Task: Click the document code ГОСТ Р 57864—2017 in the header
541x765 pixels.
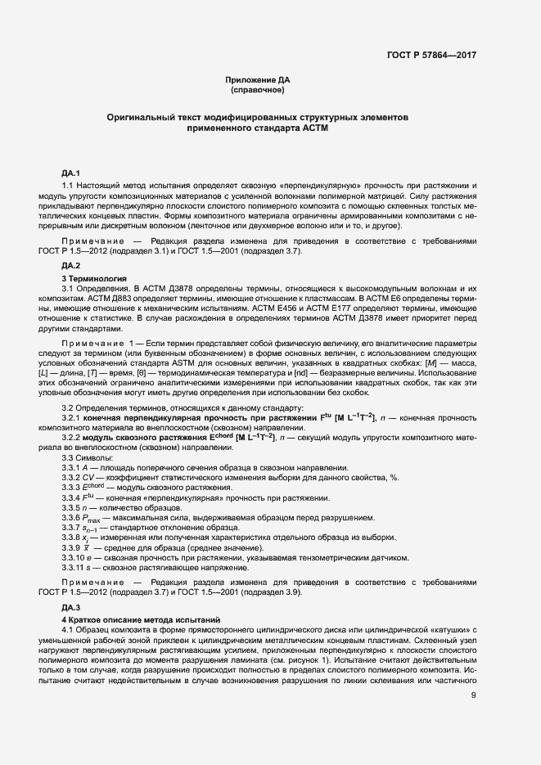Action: (431, 55)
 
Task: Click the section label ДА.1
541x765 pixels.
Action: (70, 173)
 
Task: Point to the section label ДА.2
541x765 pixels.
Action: (70, 267)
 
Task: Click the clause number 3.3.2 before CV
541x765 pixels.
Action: (73, 477)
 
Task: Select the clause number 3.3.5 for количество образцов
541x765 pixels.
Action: (73, 507)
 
